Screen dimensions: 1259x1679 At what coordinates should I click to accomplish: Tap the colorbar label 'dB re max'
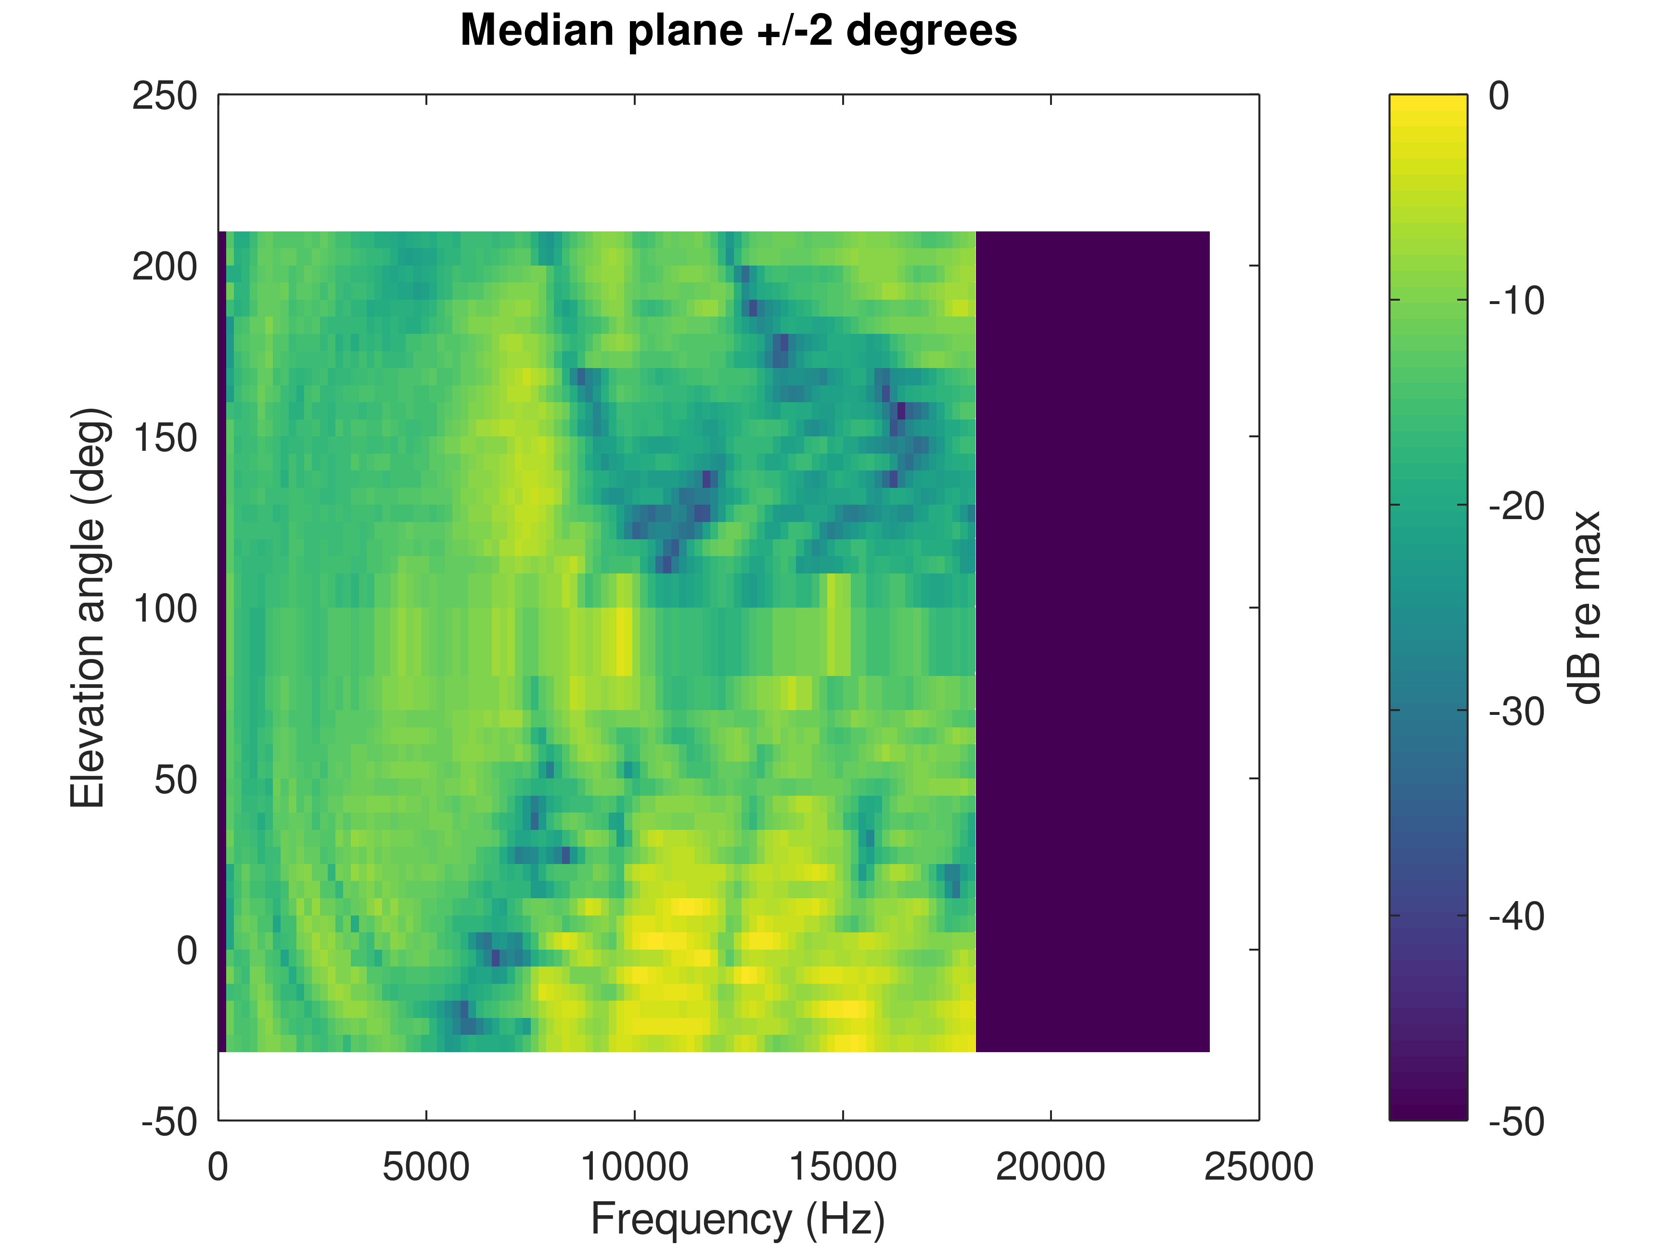tap(1585, 607)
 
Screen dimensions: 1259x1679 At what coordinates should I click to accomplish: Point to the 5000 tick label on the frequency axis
tap(426, 1167)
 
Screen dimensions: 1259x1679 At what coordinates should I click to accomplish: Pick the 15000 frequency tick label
tap(843, 1167)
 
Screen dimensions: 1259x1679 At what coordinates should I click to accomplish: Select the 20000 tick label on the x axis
tap(1051, 1167)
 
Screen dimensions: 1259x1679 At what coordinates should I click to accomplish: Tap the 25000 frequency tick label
tap(1258, 1167)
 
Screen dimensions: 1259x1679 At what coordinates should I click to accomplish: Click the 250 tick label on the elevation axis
tap(165, 96)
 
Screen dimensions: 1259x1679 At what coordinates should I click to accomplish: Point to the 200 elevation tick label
tap(165, 267)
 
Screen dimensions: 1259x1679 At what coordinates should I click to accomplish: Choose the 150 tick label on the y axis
tap(165, 438)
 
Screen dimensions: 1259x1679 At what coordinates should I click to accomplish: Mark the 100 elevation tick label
tap(165, 609)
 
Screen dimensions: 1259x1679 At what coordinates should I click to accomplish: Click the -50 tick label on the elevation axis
tap(168, 1121)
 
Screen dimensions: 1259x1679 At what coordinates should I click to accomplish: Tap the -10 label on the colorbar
tap(1516, 301)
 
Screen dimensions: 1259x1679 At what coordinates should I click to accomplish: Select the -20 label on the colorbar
tap(1516, 506)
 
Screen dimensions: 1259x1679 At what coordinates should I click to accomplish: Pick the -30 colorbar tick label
tap(1516, 711)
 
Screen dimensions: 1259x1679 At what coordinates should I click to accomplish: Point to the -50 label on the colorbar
tap(1516, 1121)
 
